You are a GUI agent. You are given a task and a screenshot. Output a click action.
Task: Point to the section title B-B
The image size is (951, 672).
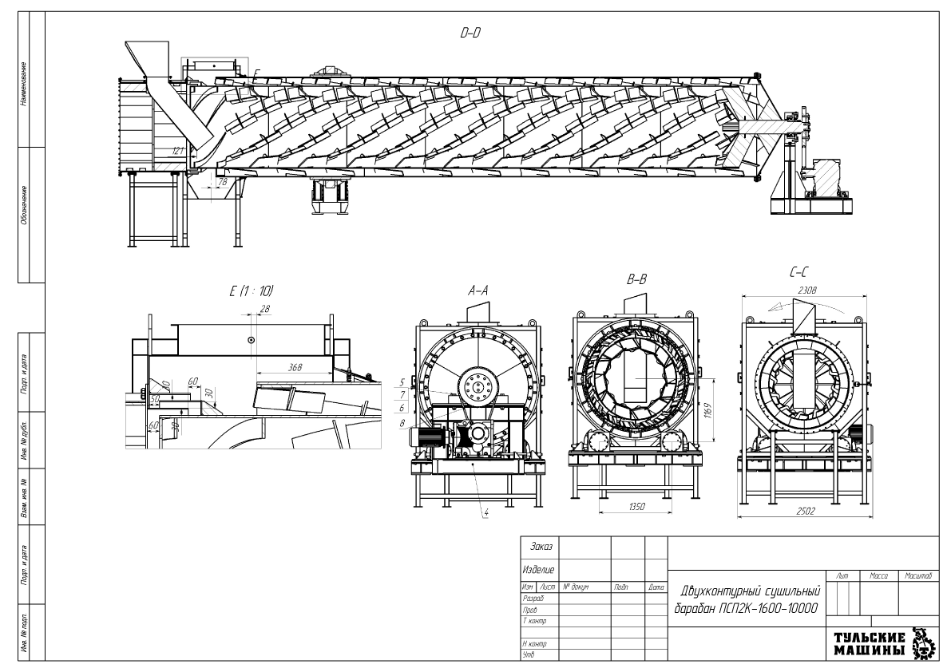coord(637,280)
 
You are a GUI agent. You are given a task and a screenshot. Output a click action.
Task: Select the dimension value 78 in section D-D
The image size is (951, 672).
coord(223,183)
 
